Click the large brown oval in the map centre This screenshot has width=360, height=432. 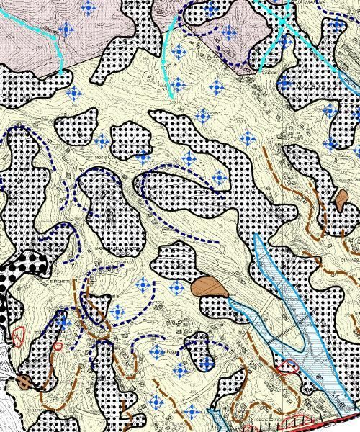click(x=210, y=287)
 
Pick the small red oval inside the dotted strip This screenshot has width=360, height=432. click(x=58, y=346)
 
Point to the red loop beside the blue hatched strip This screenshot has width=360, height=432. click(x=288, y=366)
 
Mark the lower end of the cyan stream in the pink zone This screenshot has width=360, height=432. click(x=60, y=70)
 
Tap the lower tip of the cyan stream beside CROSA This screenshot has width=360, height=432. click(x=171, y=96)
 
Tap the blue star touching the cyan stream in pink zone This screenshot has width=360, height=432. click(x=66, y=30)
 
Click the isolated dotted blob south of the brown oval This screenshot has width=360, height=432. click(x=199, y=351)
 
